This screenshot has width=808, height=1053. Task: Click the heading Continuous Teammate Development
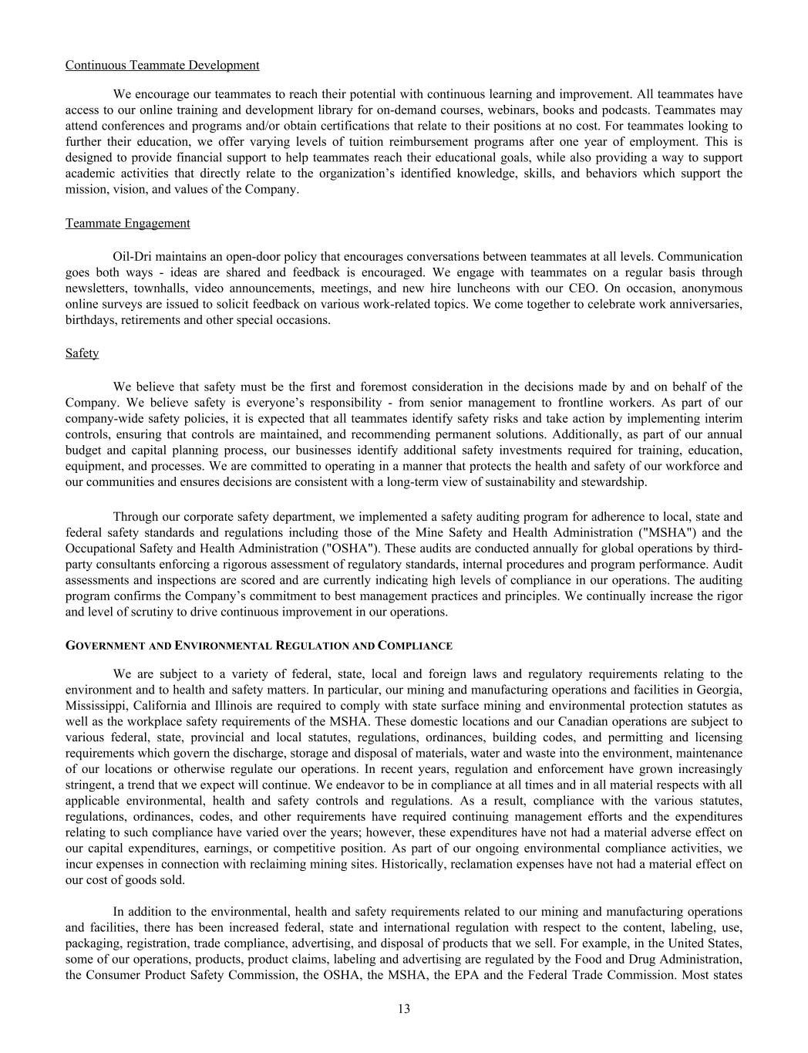(162, 65)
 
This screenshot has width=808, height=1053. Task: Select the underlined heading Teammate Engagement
(127, 223)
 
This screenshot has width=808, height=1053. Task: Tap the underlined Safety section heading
(82, 353)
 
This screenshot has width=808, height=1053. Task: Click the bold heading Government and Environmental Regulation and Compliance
(258, 645)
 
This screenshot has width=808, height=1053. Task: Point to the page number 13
(404, 1009)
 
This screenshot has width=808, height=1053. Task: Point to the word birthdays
(89, 319)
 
